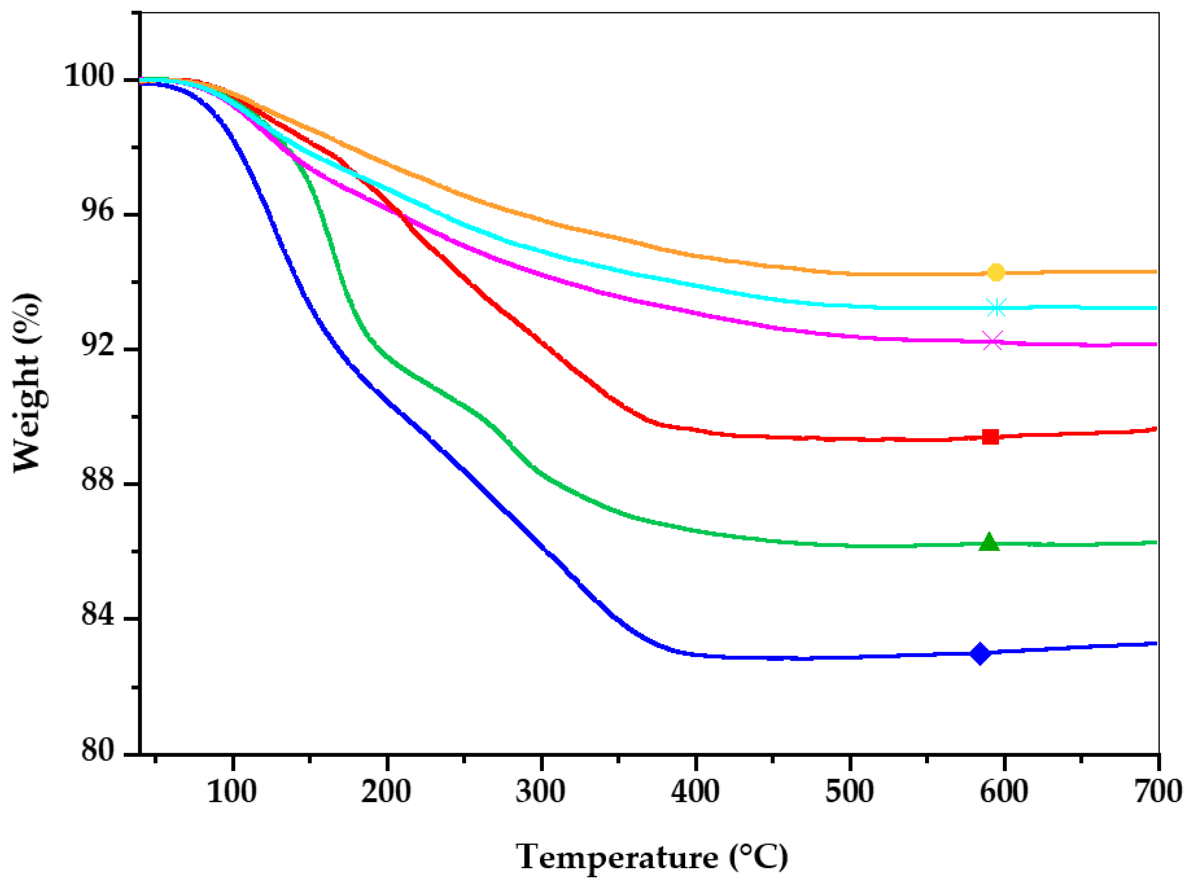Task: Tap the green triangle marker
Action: (x=989, y=543)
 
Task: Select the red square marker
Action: (x=991, y=437)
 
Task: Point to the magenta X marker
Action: (x=992, y=341)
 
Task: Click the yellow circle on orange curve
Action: (x=996, y=272)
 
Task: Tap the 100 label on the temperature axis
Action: (x=232, y=792)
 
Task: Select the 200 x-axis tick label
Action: (x=386, y=792)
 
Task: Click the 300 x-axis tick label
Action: (x=541, y=792)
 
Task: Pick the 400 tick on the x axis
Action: (x=695, y=792)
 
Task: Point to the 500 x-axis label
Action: (x=850, y=792)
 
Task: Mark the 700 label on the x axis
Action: (x=1158, y=792)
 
